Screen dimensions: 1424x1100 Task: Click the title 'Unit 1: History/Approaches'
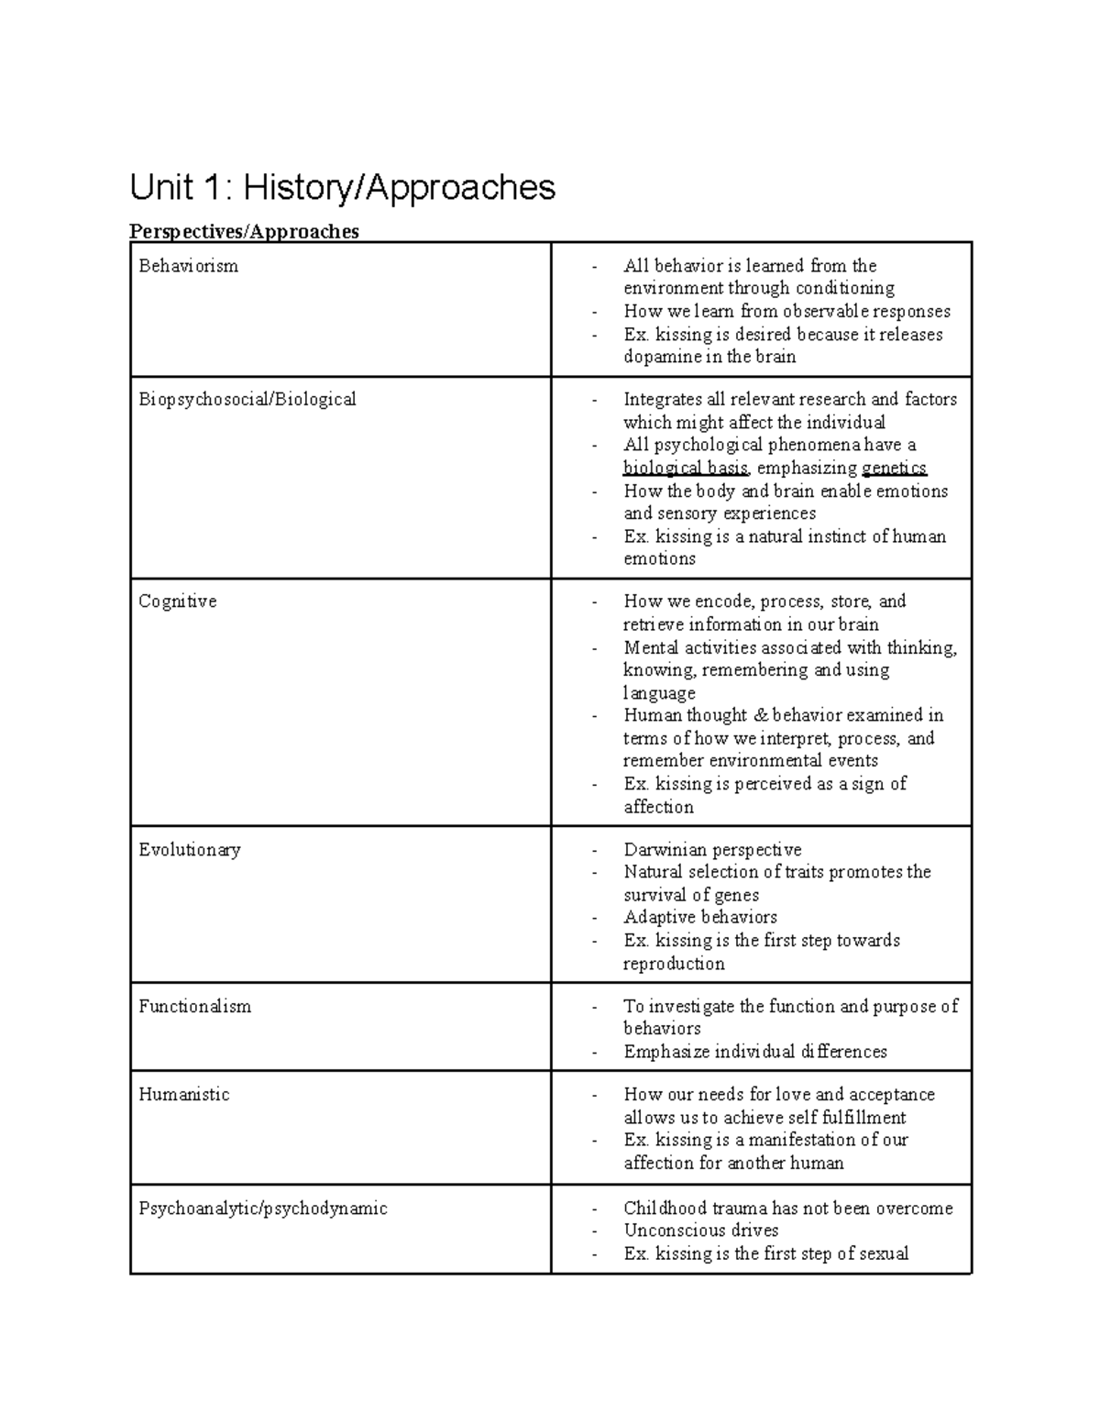click(342, 188)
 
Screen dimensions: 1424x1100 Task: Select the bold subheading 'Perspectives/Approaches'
click(244, 231)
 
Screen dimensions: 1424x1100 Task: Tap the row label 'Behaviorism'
click(188, 266)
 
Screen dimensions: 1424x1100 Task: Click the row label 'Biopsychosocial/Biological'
click(247, 400)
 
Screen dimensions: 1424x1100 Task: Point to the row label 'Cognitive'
click(177, 602)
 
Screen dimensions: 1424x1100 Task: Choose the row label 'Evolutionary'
click(189, 850)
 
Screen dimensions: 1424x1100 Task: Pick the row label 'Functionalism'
click(194, 1006)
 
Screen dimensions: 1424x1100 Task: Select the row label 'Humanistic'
click(183, 1095)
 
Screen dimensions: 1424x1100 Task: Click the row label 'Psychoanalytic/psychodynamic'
click(262, 1209)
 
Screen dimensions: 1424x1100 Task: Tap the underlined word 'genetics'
click(894, 469)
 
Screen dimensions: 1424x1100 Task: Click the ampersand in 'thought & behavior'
click(760, 715)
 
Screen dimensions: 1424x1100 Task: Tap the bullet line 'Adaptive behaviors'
click(700, 918)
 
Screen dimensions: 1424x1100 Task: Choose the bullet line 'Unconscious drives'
click(700, 1231)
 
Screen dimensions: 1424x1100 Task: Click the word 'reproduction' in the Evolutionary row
click(674, 964)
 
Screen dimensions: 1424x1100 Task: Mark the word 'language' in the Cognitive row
click(659, 693)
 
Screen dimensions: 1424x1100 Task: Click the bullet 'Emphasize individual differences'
click(755, 1052)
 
